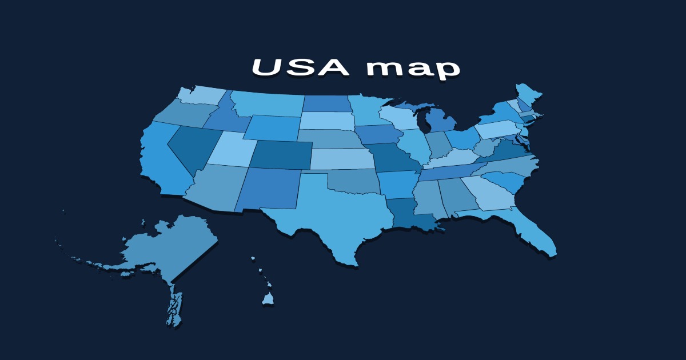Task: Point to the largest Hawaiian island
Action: pos(268,299)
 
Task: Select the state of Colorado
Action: pos(280,154)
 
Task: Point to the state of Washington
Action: pos(200,95)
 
